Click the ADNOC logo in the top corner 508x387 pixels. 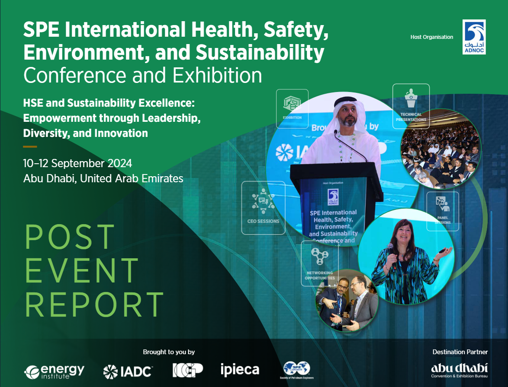474,37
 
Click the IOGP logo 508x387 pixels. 187,370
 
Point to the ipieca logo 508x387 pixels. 240,370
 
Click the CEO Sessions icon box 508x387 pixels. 263,207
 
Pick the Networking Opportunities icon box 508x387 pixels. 320,263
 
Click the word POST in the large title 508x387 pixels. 70,237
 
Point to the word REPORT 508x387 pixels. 94,304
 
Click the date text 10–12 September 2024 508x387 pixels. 78,164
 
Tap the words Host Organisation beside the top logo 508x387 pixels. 431,37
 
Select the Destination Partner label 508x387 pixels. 460,352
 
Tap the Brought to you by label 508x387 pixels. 169,352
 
